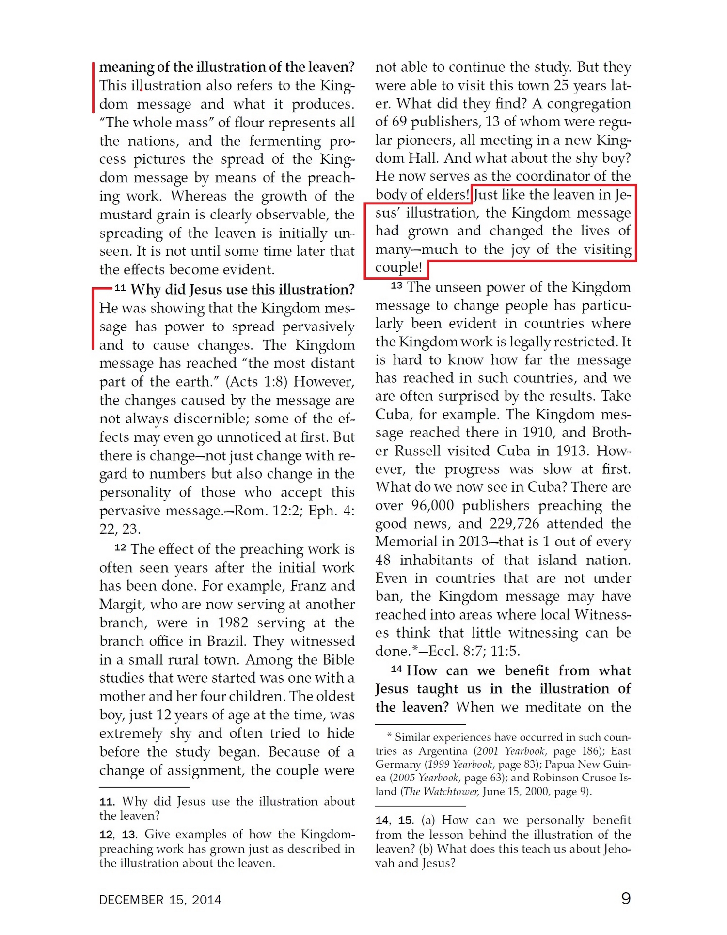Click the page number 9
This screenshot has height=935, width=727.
pyautogui.click(x=626, y=899)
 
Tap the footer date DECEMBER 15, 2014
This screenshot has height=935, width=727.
pyautogui.click(x=160, y=900)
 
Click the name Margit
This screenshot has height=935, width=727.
pyautogui.click(x=121, y=605)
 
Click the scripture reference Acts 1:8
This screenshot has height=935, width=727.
pyautogui.click(x=256, y=382)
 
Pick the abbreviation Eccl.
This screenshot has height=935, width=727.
pyautogui.click(x=443, y=651)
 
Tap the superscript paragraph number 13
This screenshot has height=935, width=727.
pyautogui.click(x=396, y=285)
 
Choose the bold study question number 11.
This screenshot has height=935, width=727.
pyautogui.click(x=106, y=802)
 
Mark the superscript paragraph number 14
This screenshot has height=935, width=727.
pyautogui.click(x=396, y=669)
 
